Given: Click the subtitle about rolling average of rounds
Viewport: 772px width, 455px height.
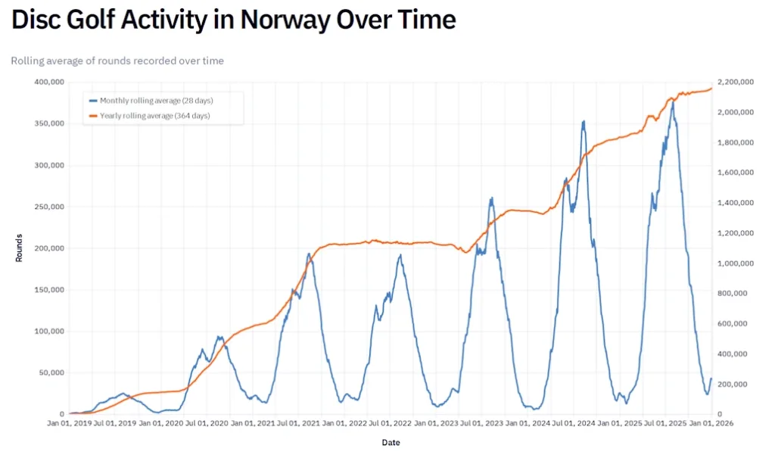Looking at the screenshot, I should pyautogui.click(x=117, y=61).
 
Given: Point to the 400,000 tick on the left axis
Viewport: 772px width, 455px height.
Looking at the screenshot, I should pyautogui.click(x=49, y=82).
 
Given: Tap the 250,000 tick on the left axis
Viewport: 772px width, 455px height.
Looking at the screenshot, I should pyautogui.click(x=49, y=207).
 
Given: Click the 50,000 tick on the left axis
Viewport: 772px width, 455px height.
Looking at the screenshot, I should pyautogui.click(x=51, y=372).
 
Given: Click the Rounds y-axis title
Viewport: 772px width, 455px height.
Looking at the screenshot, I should pyautogui.click(x=18, y=248).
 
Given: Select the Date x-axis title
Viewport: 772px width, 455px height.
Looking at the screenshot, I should pyautogui.click(x=391, y=442).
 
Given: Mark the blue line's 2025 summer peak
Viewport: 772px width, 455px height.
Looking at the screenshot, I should pyautogui.click(x=671, y=102).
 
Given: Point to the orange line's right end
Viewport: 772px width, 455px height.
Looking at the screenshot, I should pyautogui.click(x=711, y=89).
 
